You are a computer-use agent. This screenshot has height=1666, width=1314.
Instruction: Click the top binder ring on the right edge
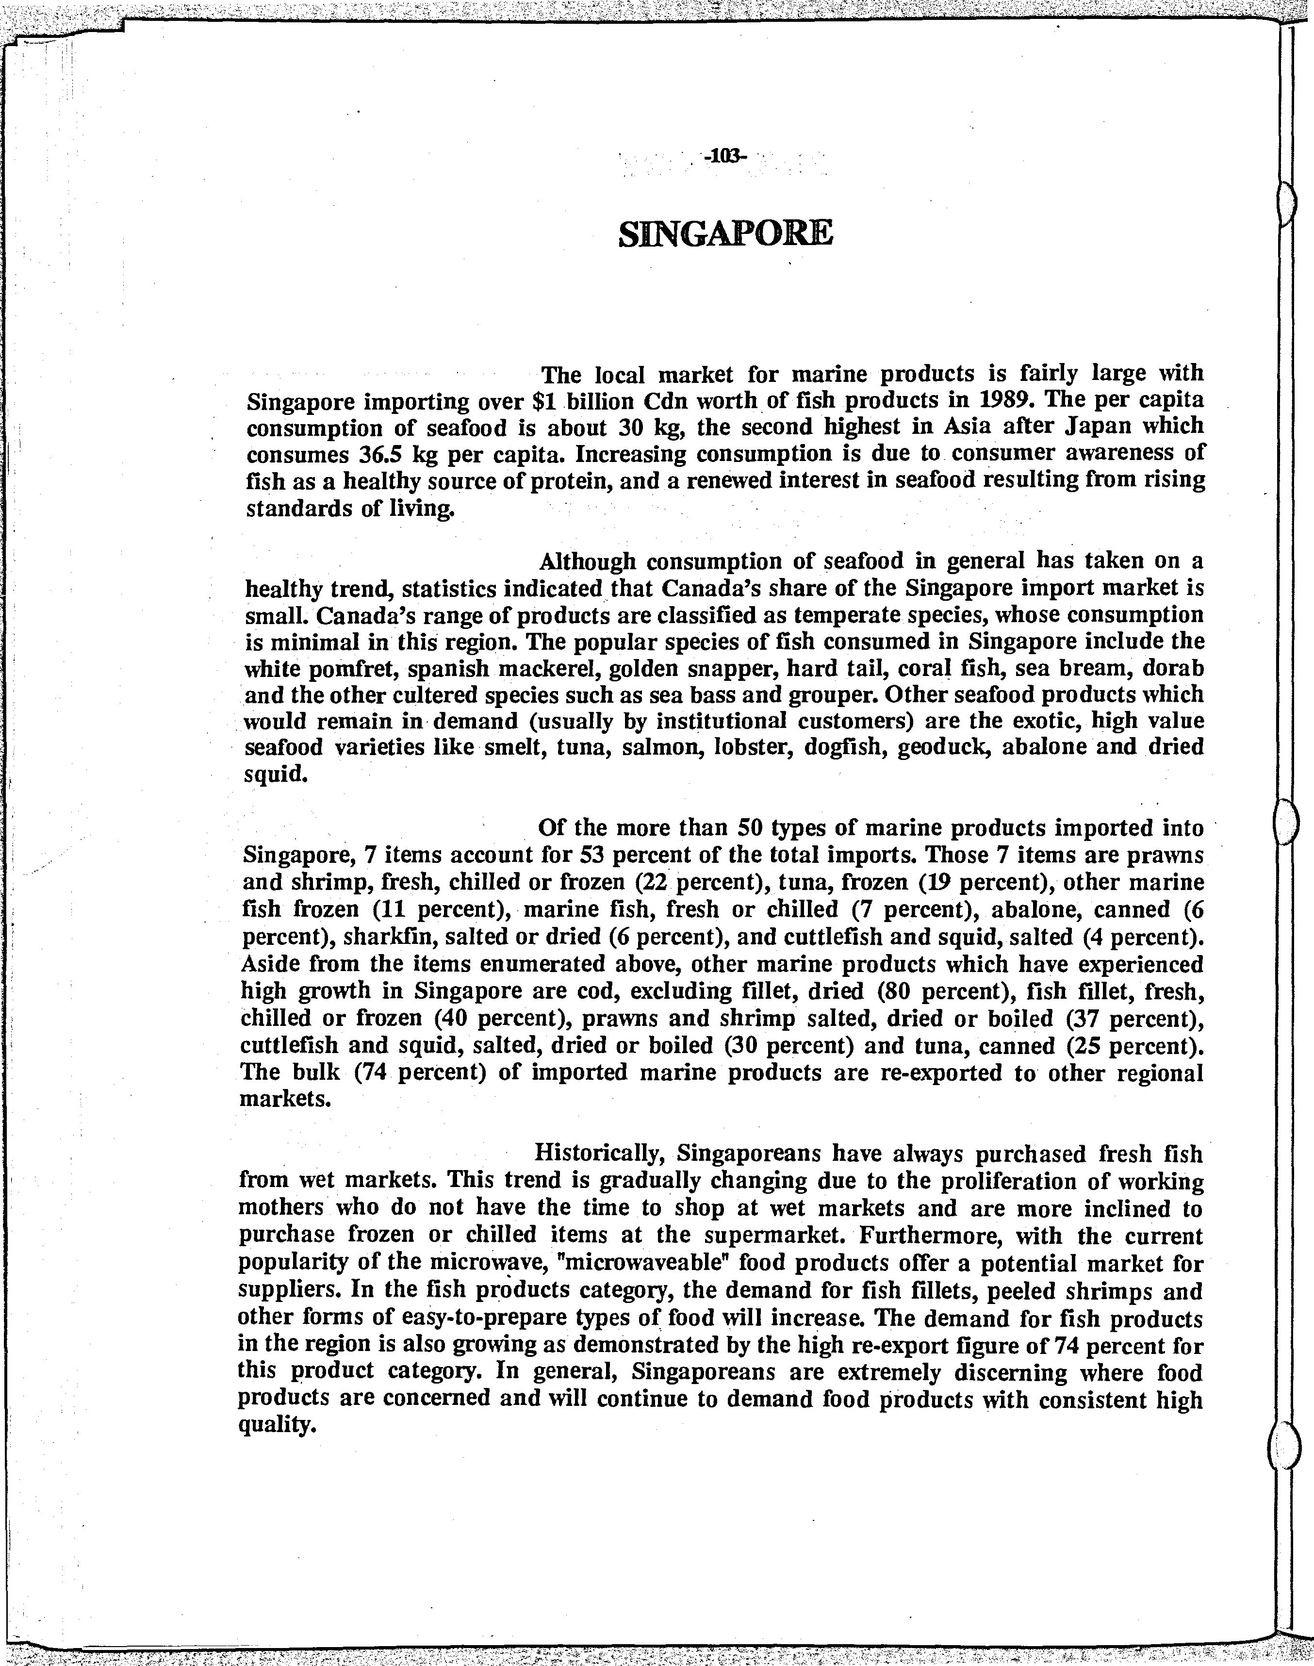tap(1285, 204)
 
